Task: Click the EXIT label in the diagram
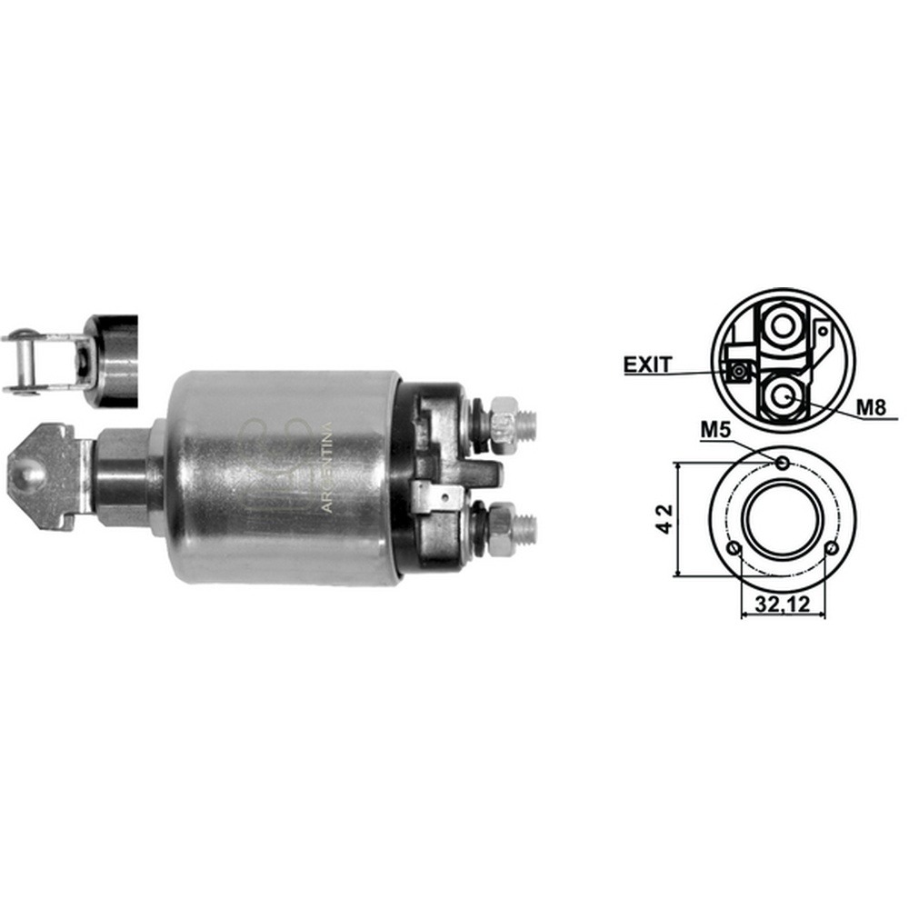647,365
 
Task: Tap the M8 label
872,407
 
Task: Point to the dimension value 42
666,519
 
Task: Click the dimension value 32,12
782,604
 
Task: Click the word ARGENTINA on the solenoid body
327,467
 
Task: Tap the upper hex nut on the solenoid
502,419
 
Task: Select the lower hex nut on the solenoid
501,530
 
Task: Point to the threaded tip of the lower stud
525,529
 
